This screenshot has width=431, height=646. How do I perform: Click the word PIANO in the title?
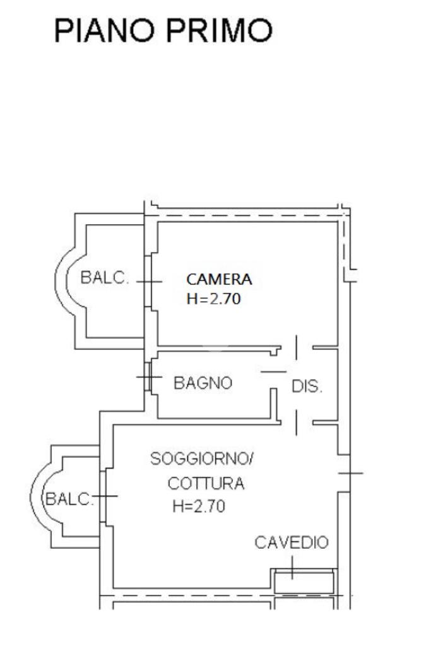pyautogui.click(x=103, y=30)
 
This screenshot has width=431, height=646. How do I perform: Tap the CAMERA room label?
pyautogui.click(x=219, y=279)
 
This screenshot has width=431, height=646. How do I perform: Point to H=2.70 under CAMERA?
pyautogui.click(x=214, y=299)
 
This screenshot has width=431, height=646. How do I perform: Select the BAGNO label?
pyautogui.click(x=203, y=383)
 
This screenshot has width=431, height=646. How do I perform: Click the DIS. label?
pyautogui.click(x=307, y=386)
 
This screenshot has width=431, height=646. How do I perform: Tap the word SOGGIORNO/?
pyautogui.click(x=201, y=459)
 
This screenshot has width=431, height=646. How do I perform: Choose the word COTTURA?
pyautogui.click(x=206, y=484)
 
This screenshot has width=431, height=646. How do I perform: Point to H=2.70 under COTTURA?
pyautogui.click(x=199, y=506)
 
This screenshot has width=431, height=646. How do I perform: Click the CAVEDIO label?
pyautogui.click(x=292, y=542)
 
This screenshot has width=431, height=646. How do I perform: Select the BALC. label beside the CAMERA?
pyautogui.click(x=105, y=278)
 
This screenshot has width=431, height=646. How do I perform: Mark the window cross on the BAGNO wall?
pyautogui.click(x=149, y=378)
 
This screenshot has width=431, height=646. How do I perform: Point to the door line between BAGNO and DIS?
pyautogui.click(x=273, y=372)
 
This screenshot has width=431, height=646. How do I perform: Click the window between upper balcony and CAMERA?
pyautogui.click(x=151, y=282)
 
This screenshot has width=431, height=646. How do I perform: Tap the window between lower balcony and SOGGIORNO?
pyautogui.click(x=105, y=496)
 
